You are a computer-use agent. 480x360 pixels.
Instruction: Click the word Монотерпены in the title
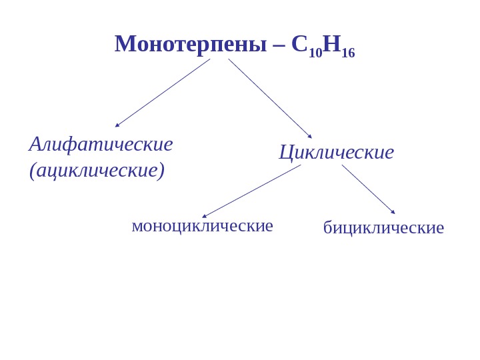(191, 44)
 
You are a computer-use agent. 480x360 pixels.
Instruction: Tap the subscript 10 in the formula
(315, 53)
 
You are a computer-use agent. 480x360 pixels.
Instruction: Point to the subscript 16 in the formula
(348, 53)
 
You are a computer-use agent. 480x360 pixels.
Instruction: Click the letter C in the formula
(299, 44)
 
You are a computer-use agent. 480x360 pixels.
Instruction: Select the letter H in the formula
(331, 44)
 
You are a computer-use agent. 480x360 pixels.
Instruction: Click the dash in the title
(279, 45)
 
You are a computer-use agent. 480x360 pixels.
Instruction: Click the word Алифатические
(101, 143)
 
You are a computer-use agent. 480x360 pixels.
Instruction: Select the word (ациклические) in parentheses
(97, 170)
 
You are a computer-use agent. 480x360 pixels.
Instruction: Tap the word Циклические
(336, 152)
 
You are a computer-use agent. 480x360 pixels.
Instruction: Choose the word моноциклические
(202, 225)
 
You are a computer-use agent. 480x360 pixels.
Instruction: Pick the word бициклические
(383, 227)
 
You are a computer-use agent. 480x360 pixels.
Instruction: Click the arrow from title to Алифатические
(163, 93)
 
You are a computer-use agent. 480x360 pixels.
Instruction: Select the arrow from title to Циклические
(269, 98)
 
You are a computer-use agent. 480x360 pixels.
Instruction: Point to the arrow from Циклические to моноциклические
(251, 191)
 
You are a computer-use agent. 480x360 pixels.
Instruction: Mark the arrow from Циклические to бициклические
(368, 189)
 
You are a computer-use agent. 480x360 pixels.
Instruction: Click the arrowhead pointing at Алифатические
(117, 125)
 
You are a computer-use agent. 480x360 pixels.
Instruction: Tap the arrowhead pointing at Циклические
(309, 136)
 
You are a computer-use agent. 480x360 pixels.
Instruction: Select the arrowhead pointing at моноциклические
(205, 215)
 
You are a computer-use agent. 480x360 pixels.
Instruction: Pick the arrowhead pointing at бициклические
(393, 211)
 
